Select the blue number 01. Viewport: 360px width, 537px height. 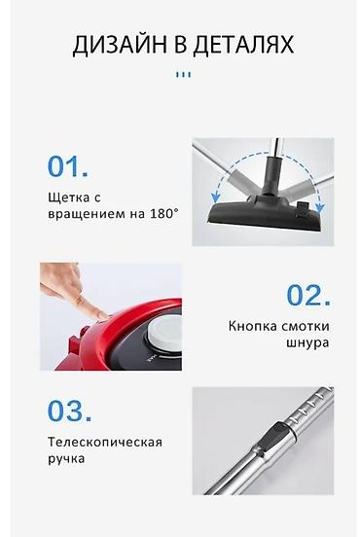[68, 166]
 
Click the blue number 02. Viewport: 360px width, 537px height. [308, 296]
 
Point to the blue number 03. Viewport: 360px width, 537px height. [69, 411]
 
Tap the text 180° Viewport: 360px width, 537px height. [162, 212]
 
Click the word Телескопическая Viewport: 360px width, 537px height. [104, 442]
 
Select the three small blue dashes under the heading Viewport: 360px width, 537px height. [183, 74]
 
